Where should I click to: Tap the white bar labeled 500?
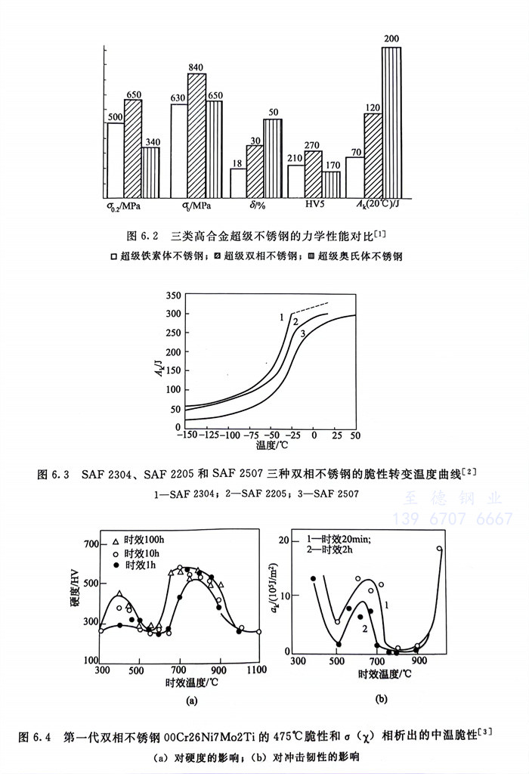pos(116,159)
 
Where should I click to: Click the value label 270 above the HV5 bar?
pos(312,145)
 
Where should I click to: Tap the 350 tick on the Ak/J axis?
pos(172,295)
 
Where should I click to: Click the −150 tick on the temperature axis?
pos(181,436)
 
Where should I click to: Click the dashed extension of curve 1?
pos(311,308)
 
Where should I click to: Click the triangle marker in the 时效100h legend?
pos(116,541)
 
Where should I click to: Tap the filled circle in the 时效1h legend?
pos(116,564)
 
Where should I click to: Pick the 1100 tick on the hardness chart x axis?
pos(258,670)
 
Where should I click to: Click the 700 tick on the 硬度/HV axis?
pos(89,544)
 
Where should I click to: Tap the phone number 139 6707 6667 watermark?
pos(452,519)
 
